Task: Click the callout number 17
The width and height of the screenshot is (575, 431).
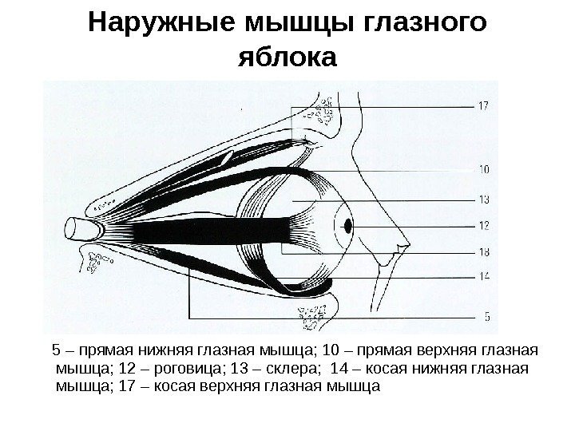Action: coord(483,105)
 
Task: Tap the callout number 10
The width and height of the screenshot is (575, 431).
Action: coord(483,169)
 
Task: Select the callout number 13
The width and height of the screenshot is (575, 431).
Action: coord(483,199)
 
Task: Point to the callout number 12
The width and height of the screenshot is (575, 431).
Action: coord(483,226)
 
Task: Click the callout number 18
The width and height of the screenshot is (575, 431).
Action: coord(483,253)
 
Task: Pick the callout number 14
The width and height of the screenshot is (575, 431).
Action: coord(483,276)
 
